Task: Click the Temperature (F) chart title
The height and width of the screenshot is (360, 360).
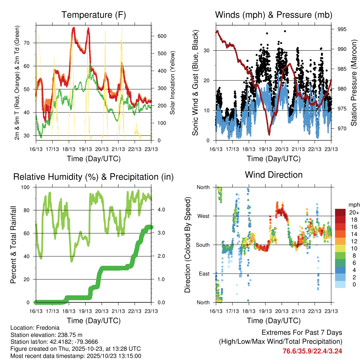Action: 94,15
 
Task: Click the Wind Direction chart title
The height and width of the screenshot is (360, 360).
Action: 274,174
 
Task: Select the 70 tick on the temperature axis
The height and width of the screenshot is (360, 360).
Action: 30,43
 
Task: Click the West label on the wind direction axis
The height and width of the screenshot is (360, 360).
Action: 202,216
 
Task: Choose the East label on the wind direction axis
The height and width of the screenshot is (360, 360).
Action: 204,274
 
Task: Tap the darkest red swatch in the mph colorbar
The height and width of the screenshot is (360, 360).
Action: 340,212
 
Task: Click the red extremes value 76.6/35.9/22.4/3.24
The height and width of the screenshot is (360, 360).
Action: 312,351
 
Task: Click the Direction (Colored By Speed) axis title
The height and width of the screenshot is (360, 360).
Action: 187,245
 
